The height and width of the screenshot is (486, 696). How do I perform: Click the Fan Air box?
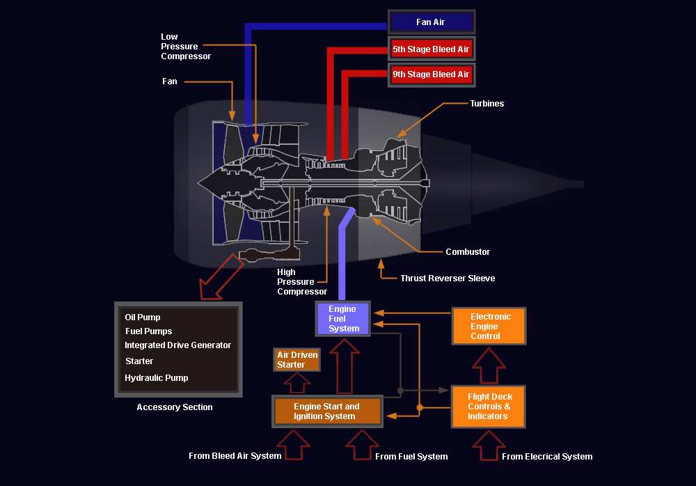[x=432, y=22]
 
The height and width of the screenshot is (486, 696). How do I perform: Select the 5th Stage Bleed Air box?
[x=432, y=49]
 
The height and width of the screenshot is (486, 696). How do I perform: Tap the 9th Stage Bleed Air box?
[x=432, y=75]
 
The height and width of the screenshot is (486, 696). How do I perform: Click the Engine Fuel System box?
[x=342, y=318]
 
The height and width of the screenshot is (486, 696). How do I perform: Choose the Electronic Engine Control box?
[x=489, y=326]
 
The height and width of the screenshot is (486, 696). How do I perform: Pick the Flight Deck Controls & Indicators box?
[x=489, y=407]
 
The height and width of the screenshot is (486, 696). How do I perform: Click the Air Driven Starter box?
[x=296, y=360]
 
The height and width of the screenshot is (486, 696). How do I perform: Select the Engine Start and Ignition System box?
[x=327, y=411]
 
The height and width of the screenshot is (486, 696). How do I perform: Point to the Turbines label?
[x=487, y=104]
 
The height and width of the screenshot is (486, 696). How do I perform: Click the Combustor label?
[x=468, y=252]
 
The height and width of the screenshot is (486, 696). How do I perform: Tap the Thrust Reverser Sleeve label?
[x=448, y=279]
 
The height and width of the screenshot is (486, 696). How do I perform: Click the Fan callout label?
[x=170, y=81]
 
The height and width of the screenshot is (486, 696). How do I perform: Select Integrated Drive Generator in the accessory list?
[x=177, y=345]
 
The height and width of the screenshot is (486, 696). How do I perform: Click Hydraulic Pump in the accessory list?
[x=156, y=378]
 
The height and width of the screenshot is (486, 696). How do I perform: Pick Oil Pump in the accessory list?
[x=143, y=318]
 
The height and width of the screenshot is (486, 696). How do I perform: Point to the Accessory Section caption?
[x=175, y=407]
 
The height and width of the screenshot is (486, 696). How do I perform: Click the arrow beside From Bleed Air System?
[x=294, y=444]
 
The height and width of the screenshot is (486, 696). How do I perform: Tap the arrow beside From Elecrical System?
[x=489, y=445]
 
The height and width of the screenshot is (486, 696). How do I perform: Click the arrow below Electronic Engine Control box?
[x=489, y=365]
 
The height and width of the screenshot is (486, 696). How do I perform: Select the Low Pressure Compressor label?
[x=186, y=47]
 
